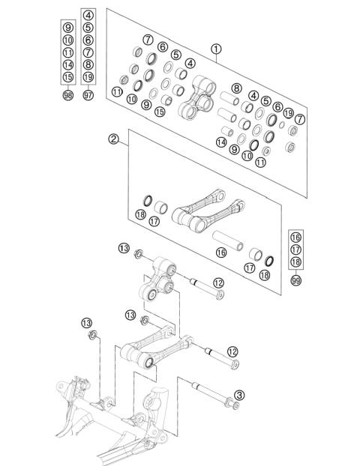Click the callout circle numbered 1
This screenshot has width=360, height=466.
[216, 50]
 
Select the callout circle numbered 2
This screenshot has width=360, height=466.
[114, 139]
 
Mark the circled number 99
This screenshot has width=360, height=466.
[298, 279]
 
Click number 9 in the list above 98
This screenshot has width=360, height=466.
[68, 28]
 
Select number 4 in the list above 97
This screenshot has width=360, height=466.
[88, 15]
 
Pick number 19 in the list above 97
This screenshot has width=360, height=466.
[88, 76]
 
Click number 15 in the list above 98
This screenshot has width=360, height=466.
[68, 76]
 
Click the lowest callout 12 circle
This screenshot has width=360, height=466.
[232, 351]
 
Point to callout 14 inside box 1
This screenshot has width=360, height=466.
[220, 142]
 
